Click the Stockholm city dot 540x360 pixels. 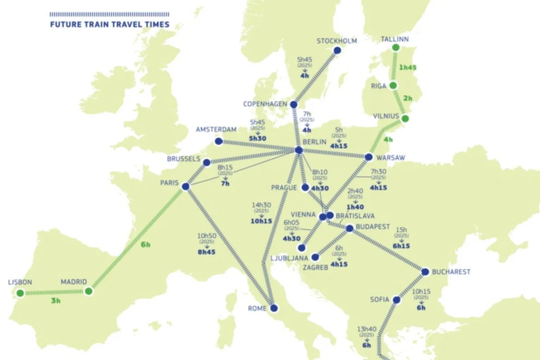click(337, 50)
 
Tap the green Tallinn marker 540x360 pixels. click(396, 48)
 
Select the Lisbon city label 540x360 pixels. click(20, 282)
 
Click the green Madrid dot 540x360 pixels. click(88, 291)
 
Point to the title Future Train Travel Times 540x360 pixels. click(110, 24)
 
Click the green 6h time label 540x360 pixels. click(145, 245)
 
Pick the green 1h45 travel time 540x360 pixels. click(407, 68)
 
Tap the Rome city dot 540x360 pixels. click(274, 308)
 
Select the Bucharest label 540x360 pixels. click(451, 272)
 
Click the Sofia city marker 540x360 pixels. click(397, 300)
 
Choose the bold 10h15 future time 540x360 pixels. click(262, 221)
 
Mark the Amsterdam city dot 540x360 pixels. click(219, 141)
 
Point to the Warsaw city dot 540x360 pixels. click(369, 157)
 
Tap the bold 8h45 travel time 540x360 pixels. click(206, 253)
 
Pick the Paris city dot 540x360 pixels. click(185, 187)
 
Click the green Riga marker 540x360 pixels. click(393, 86)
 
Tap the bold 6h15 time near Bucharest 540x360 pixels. click(401, 246)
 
